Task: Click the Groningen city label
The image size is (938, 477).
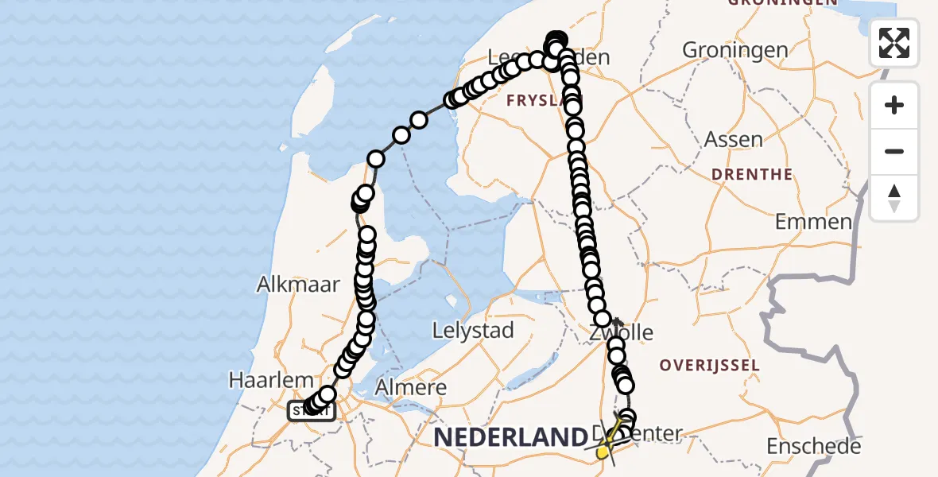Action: tap(735, 51)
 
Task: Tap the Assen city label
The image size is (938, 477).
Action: tap(733, 140)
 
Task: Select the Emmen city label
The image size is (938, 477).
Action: tap(813, 222)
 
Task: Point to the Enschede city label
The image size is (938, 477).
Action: tap(813, 447)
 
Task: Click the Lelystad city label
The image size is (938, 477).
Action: tap(473, 330)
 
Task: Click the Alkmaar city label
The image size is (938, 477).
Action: tap(298, 285)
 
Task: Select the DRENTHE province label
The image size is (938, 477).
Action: tap(751, 175)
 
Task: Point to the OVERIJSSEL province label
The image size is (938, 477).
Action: tap(710, 366)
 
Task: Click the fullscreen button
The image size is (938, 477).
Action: tap(894, 43)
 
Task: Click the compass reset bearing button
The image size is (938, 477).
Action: tap(894, 198)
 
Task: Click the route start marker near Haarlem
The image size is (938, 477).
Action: tap(311, 410)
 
